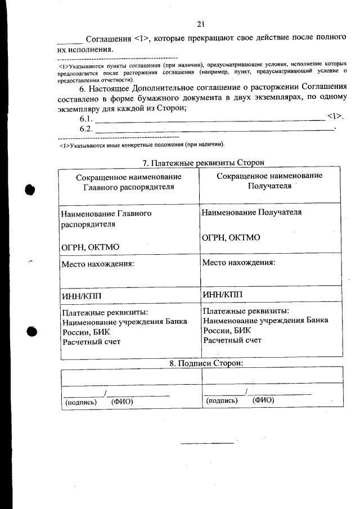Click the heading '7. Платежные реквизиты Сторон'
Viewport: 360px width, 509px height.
click(203, 163)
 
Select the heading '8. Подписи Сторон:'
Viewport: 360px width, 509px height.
click(206, 363)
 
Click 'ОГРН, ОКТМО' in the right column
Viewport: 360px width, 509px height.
click(231, 237)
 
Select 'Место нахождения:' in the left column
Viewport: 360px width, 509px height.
click(98, 263)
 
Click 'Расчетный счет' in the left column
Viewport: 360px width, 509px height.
click(91, 341)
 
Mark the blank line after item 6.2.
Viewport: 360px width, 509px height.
click(214, 130)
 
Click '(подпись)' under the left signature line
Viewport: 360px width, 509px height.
click(82, 402)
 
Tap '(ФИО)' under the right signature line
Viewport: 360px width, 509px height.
click(263, 400)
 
